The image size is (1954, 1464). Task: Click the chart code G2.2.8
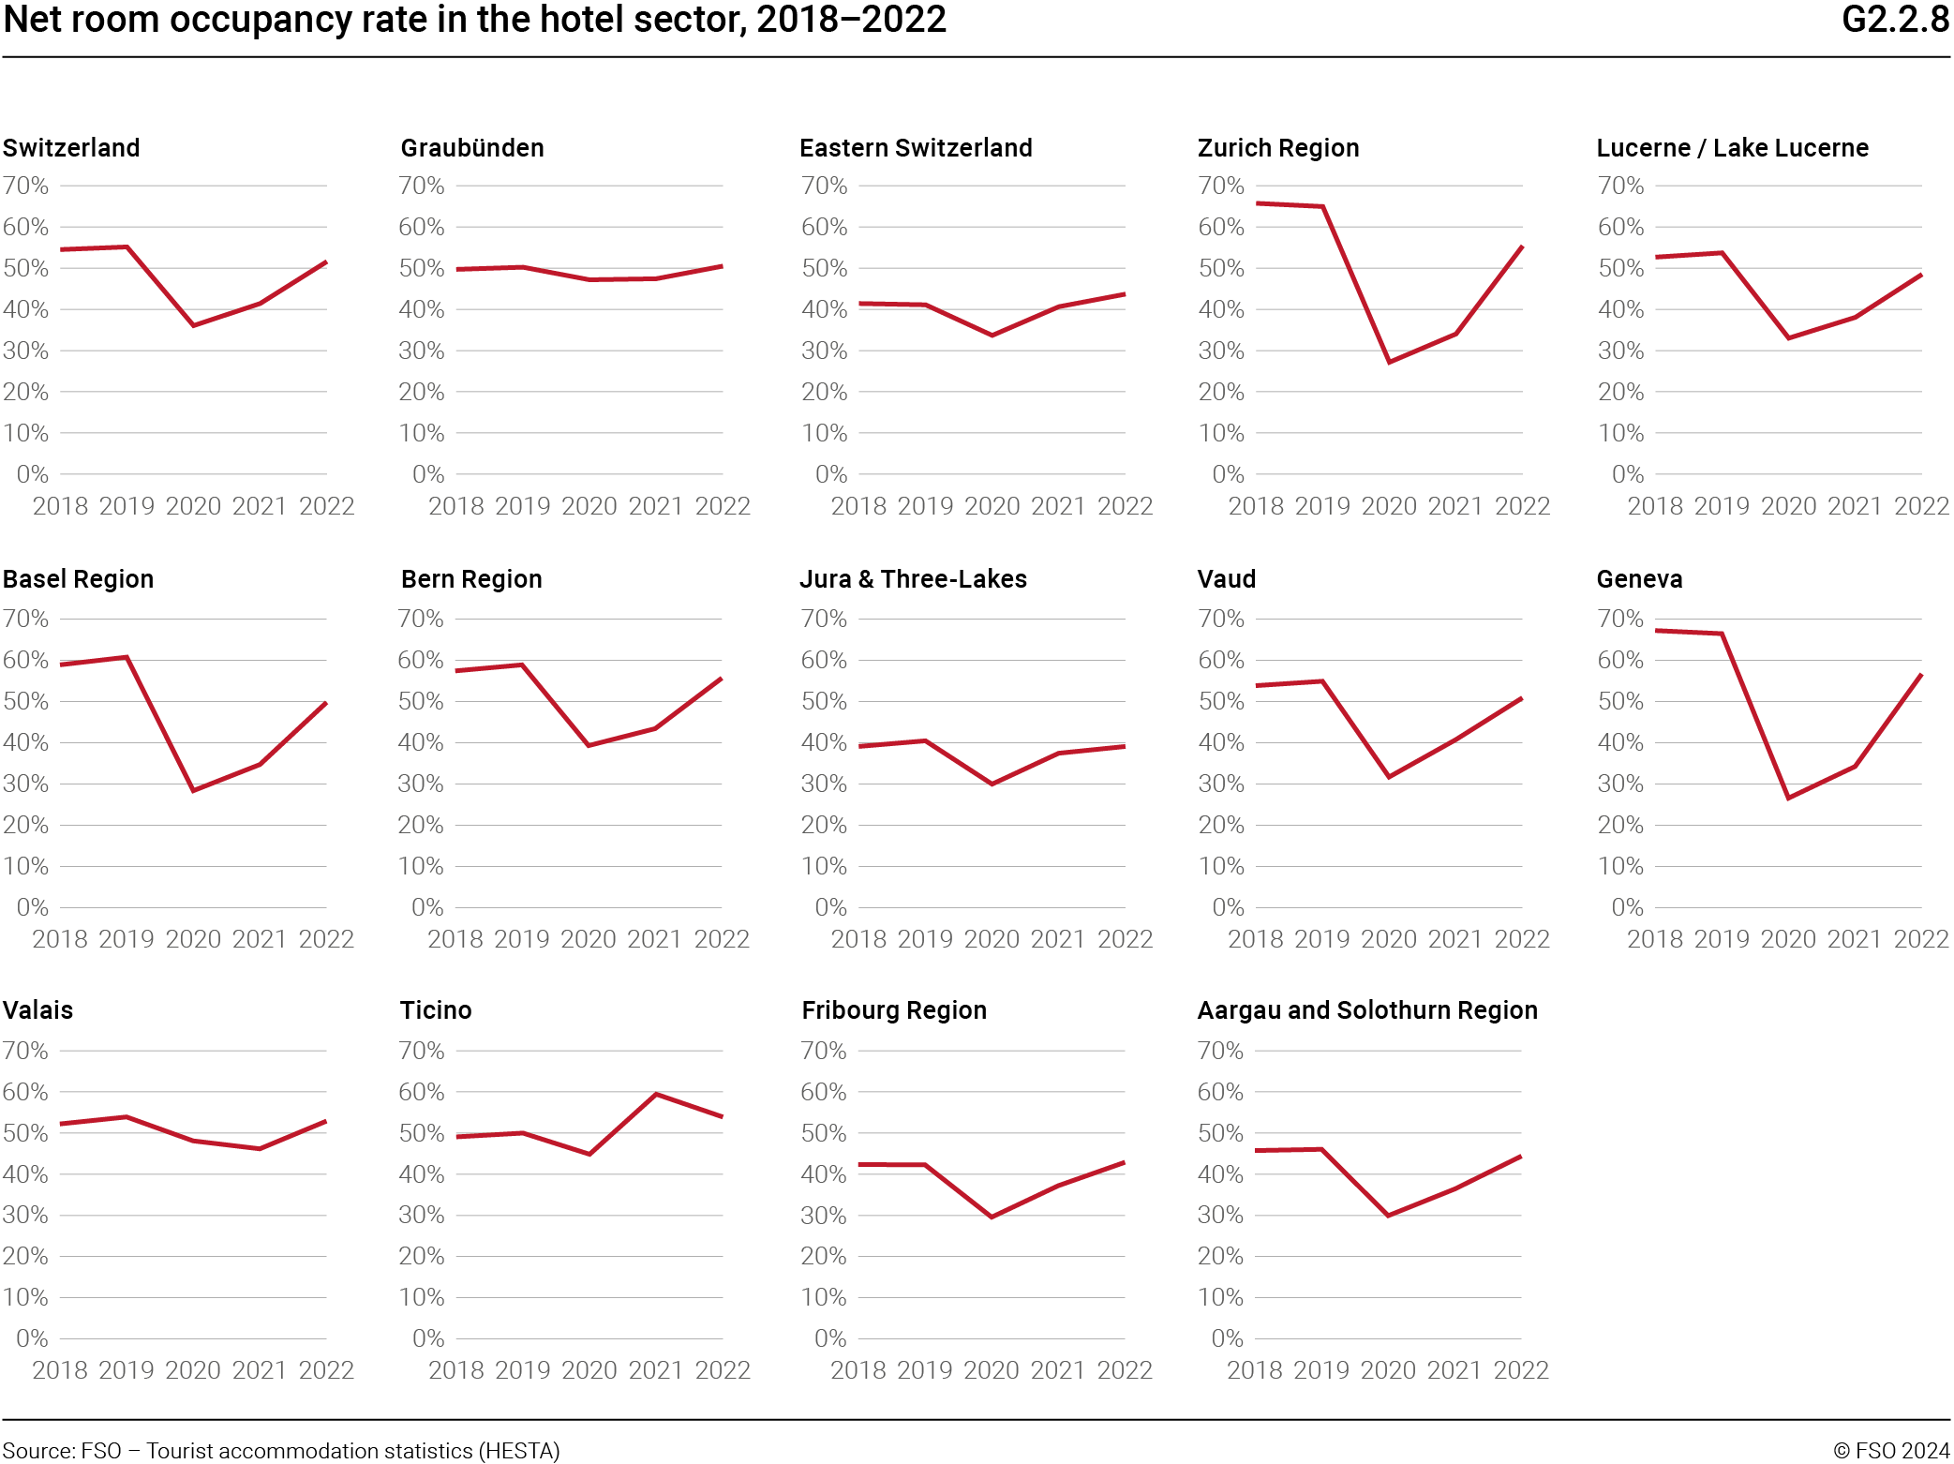point(1894,20)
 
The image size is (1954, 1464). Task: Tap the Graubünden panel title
point(471,148)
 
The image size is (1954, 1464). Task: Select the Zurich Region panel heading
point(1277,148)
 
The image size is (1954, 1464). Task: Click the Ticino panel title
point(436,1010)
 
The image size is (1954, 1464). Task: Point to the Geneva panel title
point(1638,579)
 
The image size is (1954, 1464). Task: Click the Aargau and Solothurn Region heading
point(1366,1010)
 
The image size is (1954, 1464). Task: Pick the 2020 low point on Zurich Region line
point(1389,362)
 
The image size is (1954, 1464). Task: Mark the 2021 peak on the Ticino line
point(656,1094)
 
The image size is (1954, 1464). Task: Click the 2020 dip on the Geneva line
point(1788,798)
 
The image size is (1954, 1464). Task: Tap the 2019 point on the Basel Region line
point(127,657)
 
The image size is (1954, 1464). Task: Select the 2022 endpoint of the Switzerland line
point(326,262)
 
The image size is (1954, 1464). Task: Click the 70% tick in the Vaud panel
point(1220,619)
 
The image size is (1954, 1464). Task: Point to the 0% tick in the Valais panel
point(32,1338)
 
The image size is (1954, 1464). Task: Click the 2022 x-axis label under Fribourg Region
point(1125,1370)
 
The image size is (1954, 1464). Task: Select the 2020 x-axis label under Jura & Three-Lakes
point(992,939)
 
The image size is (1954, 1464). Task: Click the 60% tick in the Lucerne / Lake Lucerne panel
point(1620,227)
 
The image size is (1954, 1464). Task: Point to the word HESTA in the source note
point(519,1451)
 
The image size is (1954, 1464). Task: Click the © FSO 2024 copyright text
point(1890,1451)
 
